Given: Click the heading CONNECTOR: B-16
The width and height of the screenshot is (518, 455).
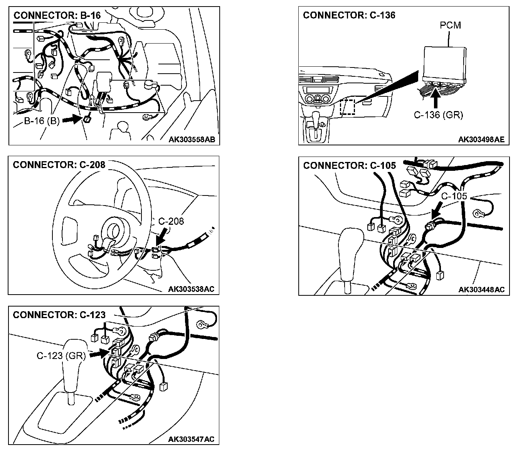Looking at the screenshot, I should (x=57, y=15).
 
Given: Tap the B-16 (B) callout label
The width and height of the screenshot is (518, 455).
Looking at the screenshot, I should (x=42, y=121).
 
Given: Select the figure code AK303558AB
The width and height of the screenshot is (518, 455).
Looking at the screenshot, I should (x=192, y=140).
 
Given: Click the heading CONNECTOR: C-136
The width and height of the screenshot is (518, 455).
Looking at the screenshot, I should (x=349, y=15).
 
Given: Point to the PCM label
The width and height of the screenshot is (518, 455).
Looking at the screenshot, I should (x=450, y=25).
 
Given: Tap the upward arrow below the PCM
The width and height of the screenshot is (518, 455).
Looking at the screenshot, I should (x=436, y=98).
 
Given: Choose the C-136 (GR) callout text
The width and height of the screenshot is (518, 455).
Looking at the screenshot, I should (x=438, y=115).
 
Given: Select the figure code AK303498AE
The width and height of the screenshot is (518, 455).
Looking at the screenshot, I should (x=481, y=140).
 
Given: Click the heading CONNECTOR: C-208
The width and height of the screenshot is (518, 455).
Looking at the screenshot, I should (x=59, y=165).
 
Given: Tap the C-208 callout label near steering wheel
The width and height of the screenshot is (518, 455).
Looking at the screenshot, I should (x=171, y=221).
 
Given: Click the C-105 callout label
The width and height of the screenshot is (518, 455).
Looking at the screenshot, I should (x=454, y=196).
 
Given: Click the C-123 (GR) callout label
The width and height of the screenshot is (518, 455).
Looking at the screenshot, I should (x=61, y=356).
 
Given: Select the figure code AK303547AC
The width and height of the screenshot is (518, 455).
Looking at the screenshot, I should (x=191, y=440).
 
